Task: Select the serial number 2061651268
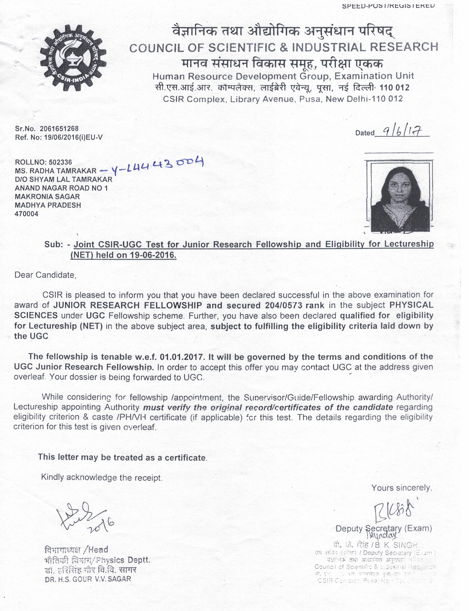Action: (x=59, y=128)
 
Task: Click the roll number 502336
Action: (x=60, y=162)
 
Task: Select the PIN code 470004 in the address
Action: (x=26, y=214)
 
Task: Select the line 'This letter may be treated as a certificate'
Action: (x=122, y=457)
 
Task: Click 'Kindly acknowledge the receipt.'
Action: (x=102, y=477)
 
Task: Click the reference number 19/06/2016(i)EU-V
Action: (x=73, y=137)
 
